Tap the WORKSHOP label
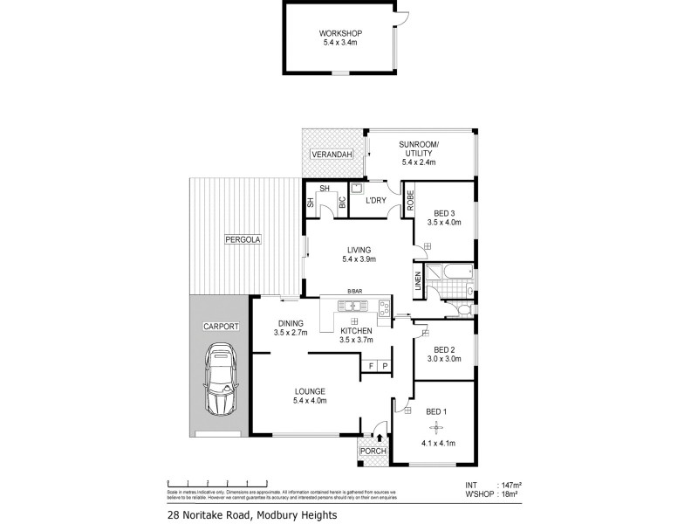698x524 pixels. click(340, 34)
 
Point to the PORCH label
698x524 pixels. click(373, 452)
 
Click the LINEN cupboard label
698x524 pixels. click(418, 282)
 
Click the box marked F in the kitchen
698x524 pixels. click(371, 365)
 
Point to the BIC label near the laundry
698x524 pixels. click(342, 202)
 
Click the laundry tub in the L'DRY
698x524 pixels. click(357, 188)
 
